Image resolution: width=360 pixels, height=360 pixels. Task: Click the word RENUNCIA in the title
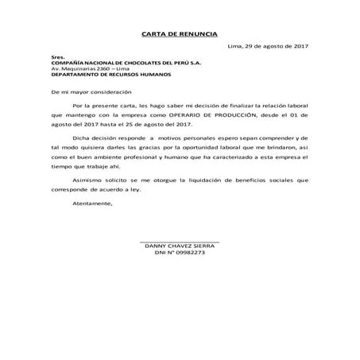[x=193, y=34]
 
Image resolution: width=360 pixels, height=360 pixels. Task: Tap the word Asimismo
[x=87, y=180]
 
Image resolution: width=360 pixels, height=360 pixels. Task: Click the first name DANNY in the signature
[x=155, y=246]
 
